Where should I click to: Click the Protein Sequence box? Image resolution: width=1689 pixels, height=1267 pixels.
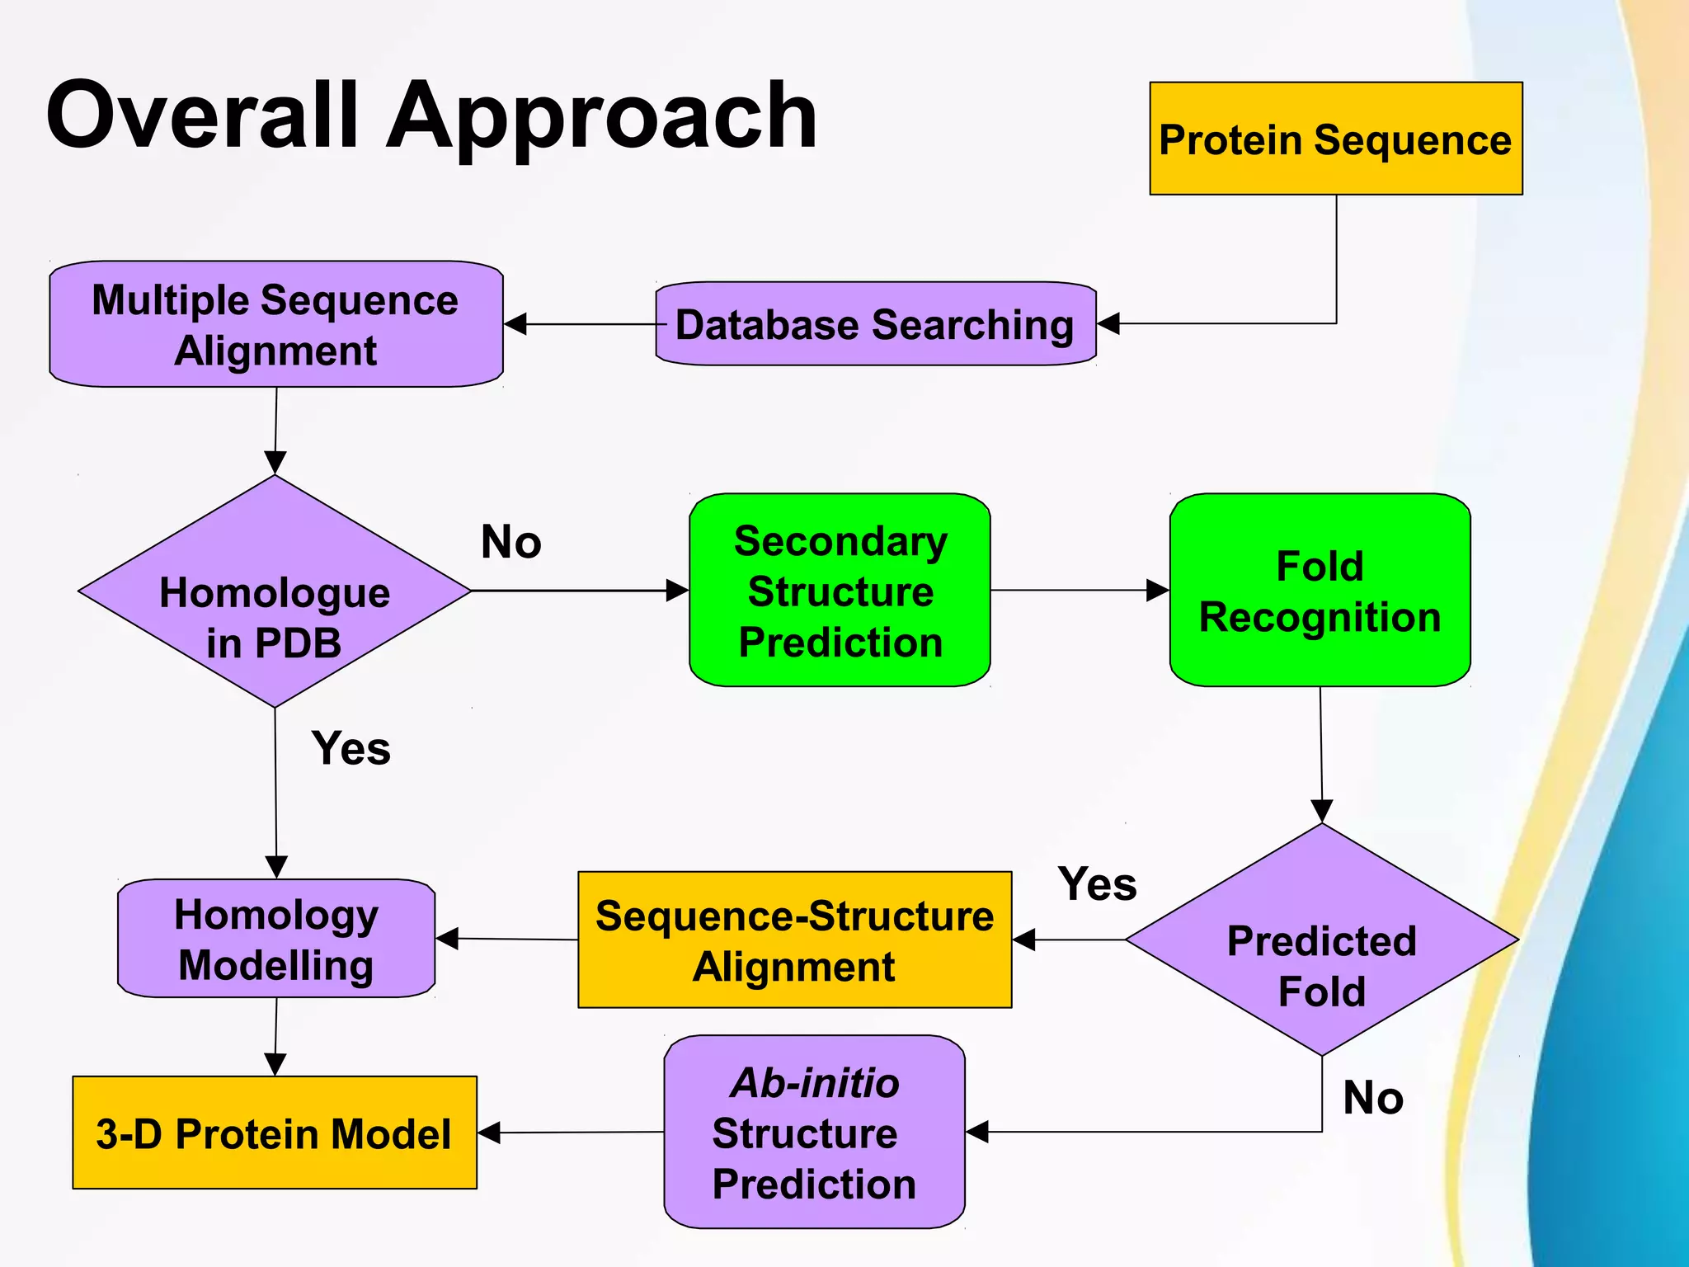(x=1335, y=139)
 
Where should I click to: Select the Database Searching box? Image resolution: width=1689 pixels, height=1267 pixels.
(x=875, y=324)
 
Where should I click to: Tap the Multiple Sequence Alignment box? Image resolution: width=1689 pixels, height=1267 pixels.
(x=275, y=324)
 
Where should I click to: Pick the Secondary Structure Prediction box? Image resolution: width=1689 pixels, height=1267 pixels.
(x=840, y=591)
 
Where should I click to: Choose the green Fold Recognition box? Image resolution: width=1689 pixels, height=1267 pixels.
(x=1320, y=591)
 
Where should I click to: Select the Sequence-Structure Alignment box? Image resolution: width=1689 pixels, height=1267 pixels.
(x=794, y=940)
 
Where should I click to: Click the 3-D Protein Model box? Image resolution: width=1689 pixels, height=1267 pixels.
(x=275, y=1133)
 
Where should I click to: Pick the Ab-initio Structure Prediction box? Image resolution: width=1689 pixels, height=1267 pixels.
(x=814, y=1133)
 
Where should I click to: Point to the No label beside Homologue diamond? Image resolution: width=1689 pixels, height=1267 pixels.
(x=510, y=542)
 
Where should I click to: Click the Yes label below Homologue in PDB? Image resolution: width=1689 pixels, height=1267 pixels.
(x=351, y=748)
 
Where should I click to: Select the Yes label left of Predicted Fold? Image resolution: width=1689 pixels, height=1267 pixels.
(x=1097, y=883)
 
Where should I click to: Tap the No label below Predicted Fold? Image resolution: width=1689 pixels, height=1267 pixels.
(x=1372, y=1097)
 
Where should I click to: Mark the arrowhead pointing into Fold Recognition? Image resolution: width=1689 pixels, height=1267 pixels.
(x=1158, y=591)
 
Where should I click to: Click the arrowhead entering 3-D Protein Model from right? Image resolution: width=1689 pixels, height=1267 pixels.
(x=489, y=1133)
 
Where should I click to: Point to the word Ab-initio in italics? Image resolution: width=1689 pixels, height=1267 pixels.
(x=814, y=1082)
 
